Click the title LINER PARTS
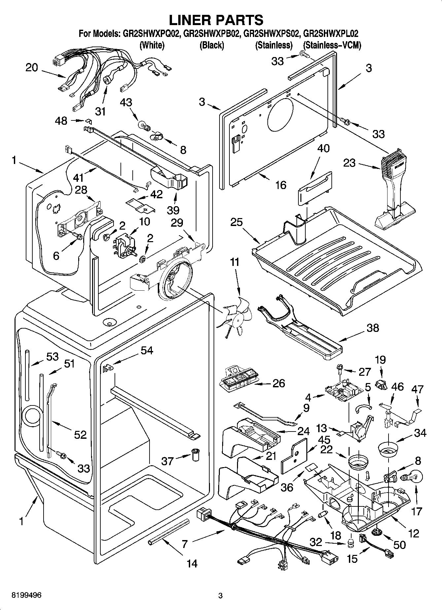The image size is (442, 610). click(x=216, y=20)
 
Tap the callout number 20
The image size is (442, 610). click(x=32, y=68)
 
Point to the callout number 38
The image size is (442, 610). click(x=372, y=328)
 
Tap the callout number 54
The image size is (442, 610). click(x=147, y=350)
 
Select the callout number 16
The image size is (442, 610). click(x=281, y=185)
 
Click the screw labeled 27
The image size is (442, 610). click(x=340, y=369)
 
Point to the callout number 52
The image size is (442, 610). click(x=80, y=434)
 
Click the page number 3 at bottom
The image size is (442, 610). click(x=221, y=595)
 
